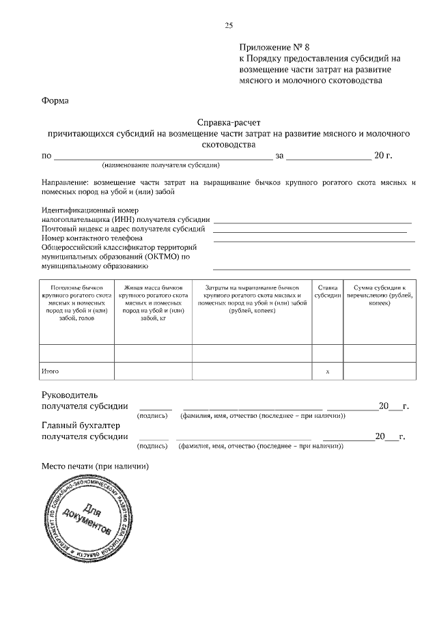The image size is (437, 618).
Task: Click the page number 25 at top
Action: pos(229,25)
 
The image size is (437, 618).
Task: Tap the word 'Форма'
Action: pos(55,100)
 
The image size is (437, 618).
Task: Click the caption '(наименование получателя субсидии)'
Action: pos(160,165)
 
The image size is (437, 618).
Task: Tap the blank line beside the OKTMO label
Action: pos(311,268)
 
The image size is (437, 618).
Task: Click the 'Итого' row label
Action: pos(51,371)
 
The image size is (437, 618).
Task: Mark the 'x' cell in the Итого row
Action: pos(328,371)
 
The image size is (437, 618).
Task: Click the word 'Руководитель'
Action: pos(70,395)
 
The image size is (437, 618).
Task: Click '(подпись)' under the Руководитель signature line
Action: pos(153,415)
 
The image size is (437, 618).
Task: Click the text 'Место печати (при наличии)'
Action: pos(95,466)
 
